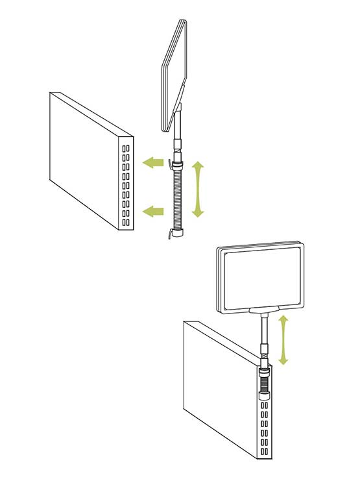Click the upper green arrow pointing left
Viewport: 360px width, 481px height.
click(153, 162)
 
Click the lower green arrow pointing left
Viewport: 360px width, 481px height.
click(153, 210)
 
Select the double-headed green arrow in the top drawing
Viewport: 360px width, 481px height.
click(197, 190)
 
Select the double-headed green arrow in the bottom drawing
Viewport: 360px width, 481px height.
click(283, 339)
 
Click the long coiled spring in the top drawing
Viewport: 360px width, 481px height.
click(176, 198)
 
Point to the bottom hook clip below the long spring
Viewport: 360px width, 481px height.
click(174, 232)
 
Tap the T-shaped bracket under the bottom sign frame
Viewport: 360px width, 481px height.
click(264, 311)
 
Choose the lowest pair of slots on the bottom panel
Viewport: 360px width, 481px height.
click(265, 450)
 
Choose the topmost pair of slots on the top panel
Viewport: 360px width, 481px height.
click(125, 148)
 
